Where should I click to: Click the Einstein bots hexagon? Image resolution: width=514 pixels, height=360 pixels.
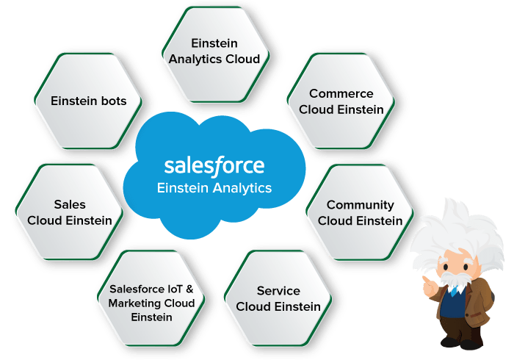coord(88,101)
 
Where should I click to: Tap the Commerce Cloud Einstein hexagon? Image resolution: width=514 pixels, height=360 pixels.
coord(341,101)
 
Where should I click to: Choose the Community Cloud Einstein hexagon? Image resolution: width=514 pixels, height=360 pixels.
coord(360,212)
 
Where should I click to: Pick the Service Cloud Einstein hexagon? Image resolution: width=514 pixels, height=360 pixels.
coord(278,298)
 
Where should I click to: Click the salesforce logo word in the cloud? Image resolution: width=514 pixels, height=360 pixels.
coord(214,165)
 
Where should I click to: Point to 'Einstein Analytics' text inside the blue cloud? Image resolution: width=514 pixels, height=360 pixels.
coord(214,188)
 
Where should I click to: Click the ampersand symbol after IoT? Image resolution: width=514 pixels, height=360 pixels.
coord(189,289)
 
